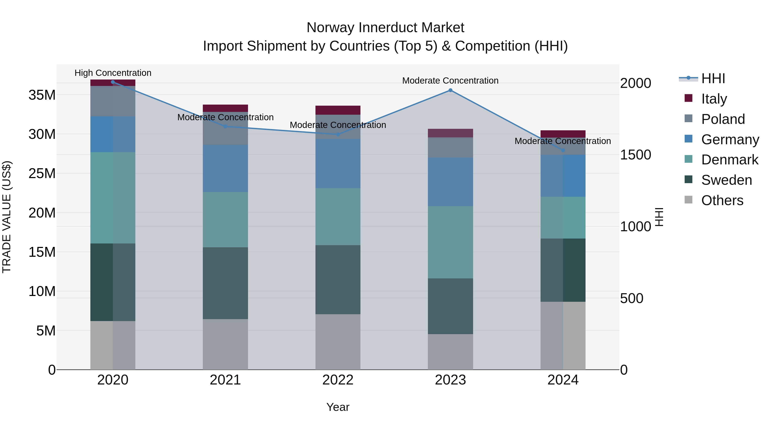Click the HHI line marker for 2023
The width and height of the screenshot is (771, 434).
(x=450, y=90)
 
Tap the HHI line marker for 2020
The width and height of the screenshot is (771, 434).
(x=113, y=82)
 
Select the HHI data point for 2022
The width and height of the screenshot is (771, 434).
(x=338, y=134)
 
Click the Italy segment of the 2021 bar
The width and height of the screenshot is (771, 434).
(x=225, y=108)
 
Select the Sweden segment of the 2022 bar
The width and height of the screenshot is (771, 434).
(x=338, y=279)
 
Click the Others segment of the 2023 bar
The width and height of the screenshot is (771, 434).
(x=450, y=352)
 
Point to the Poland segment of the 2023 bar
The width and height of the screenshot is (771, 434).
(x=450, y=147)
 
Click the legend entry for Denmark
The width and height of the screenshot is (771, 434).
(x=729, y=160)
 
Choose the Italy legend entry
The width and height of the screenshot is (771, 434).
(x=714, y=99)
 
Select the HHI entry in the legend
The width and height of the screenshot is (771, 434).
(x=713, y=78)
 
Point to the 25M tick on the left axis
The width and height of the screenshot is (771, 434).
(x=42, y=173)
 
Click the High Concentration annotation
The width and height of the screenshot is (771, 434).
(x=113, y=73)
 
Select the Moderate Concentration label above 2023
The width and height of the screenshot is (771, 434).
(x=450, y=81)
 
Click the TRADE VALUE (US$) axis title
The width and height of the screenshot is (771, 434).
(x=7, y=217)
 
